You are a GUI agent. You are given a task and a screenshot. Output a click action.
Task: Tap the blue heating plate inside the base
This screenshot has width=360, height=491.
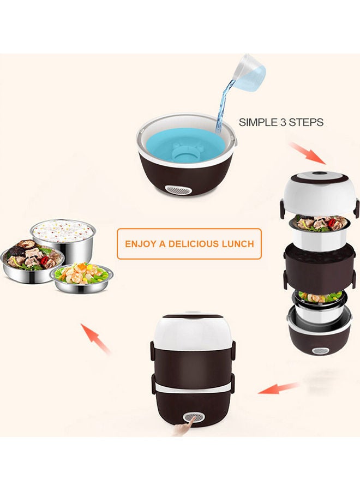point(188,145)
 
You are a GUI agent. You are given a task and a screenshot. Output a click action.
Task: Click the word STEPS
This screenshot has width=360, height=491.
point(306,123)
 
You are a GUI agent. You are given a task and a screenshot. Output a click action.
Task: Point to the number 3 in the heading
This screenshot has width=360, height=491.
point(285,123)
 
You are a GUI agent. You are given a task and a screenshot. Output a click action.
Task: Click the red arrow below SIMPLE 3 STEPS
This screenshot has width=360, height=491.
point(307,153)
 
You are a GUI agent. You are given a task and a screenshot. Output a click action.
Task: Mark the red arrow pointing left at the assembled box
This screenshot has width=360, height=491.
point(278,388)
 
